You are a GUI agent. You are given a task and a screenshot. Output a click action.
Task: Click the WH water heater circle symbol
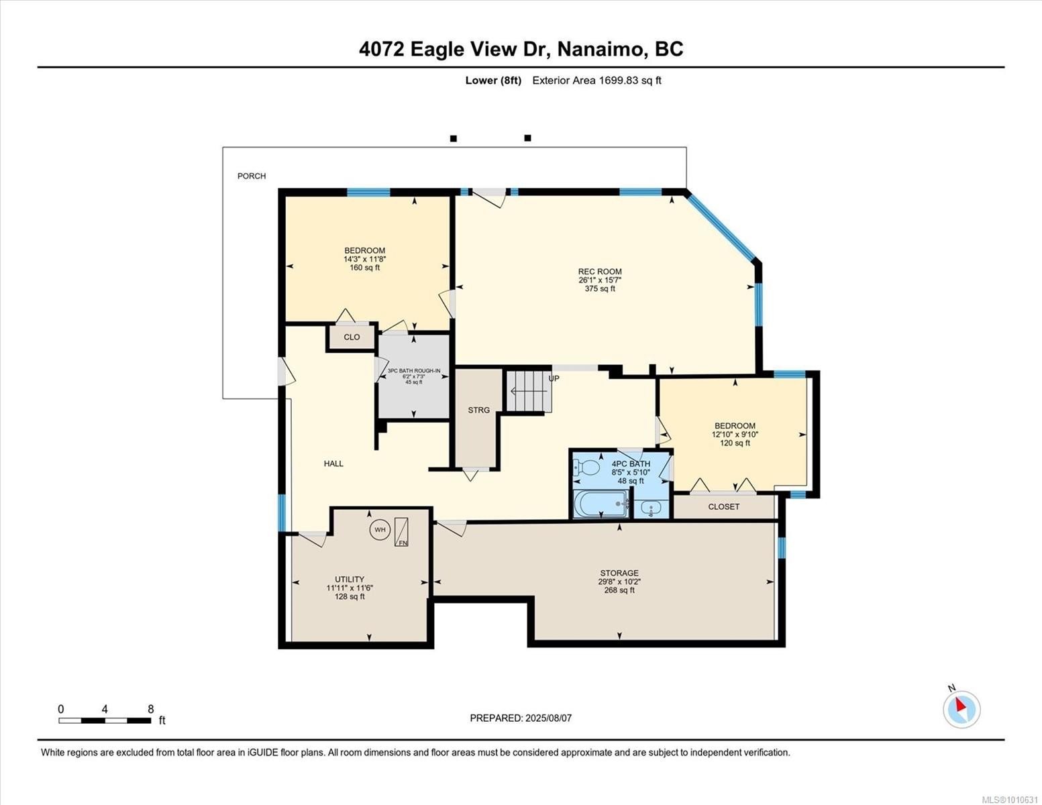click(380, 530)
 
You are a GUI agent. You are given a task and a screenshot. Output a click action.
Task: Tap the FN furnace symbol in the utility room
click(401, 532)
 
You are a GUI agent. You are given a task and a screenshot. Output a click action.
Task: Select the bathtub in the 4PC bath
click(601, 504)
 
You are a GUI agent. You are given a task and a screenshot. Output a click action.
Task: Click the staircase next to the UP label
click(529, 392)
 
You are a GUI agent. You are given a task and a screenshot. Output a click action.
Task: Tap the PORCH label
click(252, 176)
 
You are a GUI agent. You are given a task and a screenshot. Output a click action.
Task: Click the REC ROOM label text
click(600, 272)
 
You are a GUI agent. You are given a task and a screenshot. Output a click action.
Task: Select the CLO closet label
click(352, 337)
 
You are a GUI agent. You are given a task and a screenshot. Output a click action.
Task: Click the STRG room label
click(478, 410)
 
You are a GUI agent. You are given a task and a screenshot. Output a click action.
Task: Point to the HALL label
click(333, 464)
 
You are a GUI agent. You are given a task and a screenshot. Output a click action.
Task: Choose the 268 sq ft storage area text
click(619, 590)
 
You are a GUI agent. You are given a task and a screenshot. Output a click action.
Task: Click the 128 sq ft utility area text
click(350, 596)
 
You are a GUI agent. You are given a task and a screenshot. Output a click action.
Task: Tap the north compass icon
click(961, 708)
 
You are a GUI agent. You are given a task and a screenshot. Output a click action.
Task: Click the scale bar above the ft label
click(105, 721)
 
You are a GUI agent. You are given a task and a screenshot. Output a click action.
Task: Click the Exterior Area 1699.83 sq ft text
click(596, 80)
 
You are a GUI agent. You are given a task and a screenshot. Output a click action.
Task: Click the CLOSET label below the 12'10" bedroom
click(723, 507)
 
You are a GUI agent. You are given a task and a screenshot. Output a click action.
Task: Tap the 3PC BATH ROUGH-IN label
click(413, 371)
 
